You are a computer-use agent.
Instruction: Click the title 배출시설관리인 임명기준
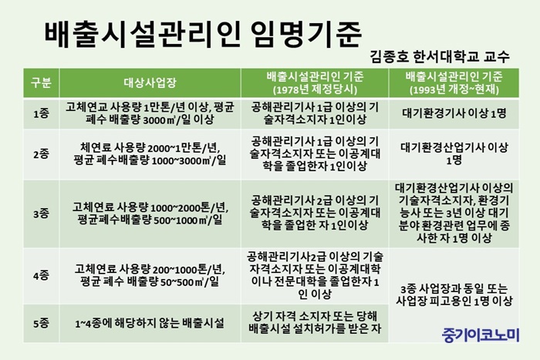[203, 35]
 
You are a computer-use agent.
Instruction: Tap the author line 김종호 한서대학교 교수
[440, 57]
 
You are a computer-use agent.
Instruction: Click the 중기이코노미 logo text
[481, 335]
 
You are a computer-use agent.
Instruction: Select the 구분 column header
[41, 82]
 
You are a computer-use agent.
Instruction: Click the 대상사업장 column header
[150, 82]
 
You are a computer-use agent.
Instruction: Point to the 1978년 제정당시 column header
[315, 83]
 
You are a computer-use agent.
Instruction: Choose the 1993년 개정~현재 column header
[454, 83]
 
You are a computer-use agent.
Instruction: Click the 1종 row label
[41, 113]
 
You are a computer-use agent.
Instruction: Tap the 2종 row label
[41, 154]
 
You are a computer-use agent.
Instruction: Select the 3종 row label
[41, 214]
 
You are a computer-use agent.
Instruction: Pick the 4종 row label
[41, 276]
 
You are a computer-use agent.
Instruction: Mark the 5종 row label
[41, 323]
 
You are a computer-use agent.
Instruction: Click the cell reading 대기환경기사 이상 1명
[454, 113]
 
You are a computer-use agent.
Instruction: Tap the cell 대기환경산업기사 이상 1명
[454, 154]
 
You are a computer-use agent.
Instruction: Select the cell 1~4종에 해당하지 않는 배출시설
[150, 323]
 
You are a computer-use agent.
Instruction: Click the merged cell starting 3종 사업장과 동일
[454, 294]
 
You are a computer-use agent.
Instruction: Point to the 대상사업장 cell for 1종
[150, 113]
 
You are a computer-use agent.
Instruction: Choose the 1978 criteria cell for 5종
[315, 322]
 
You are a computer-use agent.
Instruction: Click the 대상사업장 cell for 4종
[150, 276]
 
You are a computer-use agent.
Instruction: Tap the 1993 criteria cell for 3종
[454, 214]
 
